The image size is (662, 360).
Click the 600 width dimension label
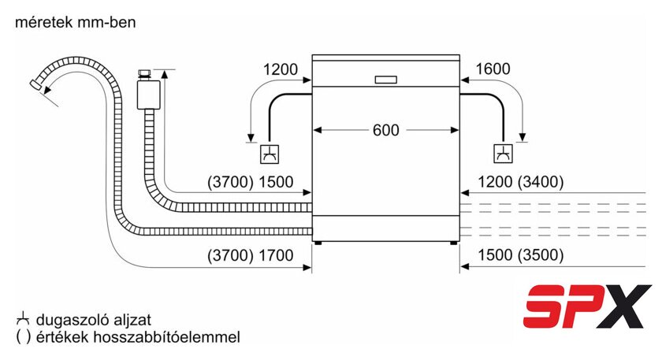click(x=386, y=130)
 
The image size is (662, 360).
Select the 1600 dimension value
click(x=493, y=69)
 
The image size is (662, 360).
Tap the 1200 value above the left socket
click(x=281, y=69)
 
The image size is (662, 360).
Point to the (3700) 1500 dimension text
click(x=251, y=182)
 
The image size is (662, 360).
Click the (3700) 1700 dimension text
click(x=251, y=255)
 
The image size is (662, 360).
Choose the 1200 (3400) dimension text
click(x=521, y=182)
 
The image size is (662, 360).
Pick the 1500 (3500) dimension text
click(x=521, y=255)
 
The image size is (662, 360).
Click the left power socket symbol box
click(x=270, y=154)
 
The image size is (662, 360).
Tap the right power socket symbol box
click(x=504, y=154)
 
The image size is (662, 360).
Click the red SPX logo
click(x=587, y=306)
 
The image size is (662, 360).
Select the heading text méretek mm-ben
click(x=75, y=22)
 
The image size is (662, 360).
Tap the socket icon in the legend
click(x=23, y=319)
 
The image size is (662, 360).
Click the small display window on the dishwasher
click(x=386, y=80)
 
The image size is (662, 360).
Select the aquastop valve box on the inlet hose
click(x=148, y=95)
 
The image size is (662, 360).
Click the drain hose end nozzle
click(x=35, y=84)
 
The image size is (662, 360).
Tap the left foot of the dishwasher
click(x=318, y=243)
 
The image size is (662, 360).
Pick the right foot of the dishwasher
click(x=453, y=243)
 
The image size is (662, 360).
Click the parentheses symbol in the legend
click(x=23, y=337)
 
